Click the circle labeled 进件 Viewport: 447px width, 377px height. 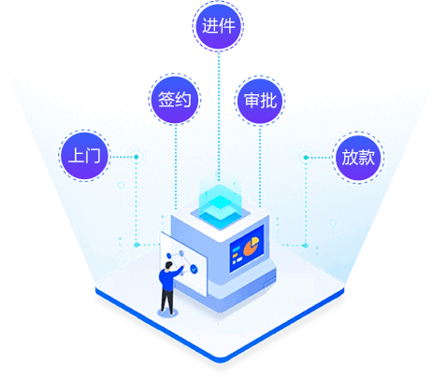point(218,26)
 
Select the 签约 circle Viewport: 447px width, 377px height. point(175,100)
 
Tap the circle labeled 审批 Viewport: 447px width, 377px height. point(260,101)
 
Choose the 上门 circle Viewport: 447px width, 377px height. point(84,156)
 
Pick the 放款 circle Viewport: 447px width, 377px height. point(358,158)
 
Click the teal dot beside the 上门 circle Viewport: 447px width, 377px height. point(137,157)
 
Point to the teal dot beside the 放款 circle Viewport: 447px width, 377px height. point(306,158)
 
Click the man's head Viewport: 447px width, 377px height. point(168,266)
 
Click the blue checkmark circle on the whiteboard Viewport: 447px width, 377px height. point(194,269)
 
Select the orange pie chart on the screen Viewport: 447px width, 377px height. point(251,246)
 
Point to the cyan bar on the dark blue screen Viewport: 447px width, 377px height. point(237,248)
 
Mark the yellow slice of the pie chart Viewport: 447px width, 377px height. point(255,241)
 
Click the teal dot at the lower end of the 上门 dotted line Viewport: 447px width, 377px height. point(137,244)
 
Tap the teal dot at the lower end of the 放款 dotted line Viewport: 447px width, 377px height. point(306,245)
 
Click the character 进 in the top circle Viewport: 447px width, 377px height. point(209,25)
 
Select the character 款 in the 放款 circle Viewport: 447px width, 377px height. point(367,157)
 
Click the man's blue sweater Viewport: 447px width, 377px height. point(168,277)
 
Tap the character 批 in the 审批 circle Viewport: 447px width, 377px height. point(268,101)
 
